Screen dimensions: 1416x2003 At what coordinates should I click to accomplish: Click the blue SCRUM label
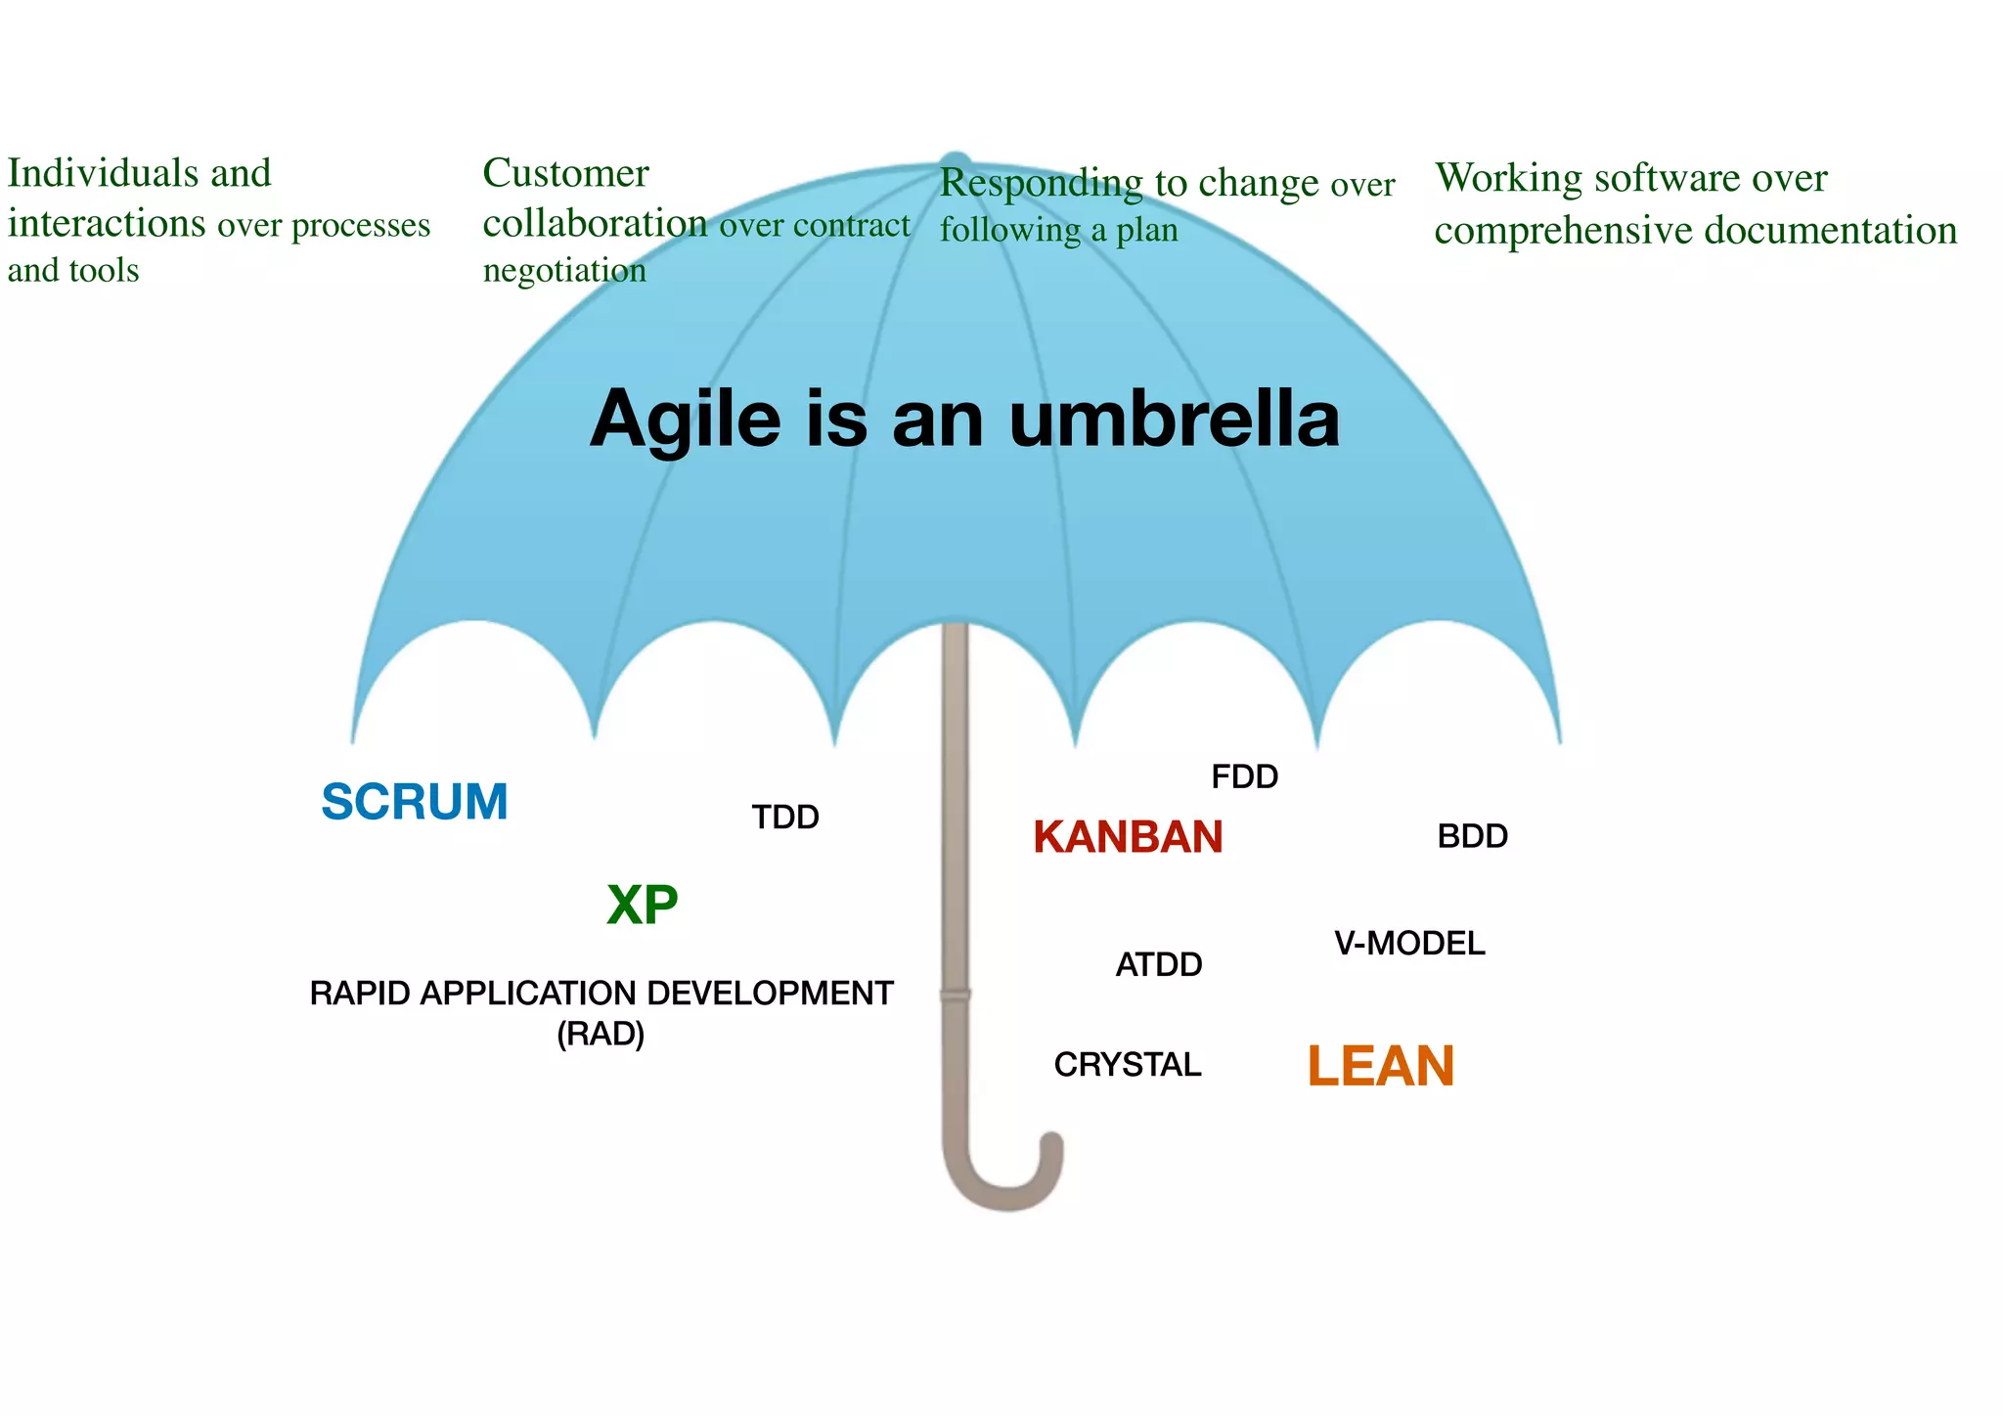[415, 802]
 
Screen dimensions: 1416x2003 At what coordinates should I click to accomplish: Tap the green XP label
[642, 905]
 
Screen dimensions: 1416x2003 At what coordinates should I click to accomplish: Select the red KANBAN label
[1128, 837]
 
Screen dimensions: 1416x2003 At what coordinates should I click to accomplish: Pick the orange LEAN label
[1380, 1066]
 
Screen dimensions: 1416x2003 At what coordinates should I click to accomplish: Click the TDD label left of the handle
[785, 817]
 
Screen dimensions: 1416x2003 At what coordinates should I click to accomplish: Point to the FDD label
[1244, 776]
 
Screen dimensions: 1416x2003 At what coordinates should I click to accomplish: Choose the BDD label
[1472, 836]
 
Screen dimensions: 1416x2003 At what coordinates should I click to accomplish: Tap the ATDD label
[1159, 964]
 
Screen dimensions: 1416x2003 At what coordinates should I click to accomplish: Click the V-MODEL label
[1409, 943]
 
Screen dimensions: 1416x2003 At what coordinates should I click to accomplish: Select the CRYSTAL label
[1127, 1064]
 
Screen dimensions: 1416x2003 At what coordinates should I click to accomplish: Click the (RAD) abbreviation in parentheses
[601, 1034]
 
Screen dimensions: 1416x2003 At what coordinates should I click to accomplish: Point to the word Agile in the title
[686, 419]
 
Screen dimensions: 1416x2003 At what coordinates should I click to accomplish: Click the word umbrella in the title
[1174, 419]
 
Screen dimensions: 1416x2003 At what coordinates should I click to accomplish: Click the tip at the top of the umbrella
[955, 162]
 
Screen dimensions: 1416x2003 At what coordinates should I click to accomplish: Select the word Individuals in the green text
[99, 173]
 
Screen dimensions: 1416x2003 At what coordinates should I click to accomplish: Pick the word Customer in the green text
[565, 173]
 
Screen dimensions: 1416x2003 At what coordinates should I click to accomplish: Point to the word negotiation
[564, 270]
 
